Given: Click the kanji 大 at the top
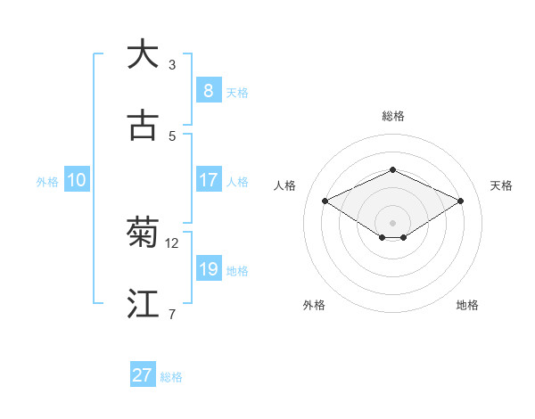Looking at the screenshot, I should [x=143, y=54].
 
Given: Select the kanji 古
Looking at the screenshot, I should [x=143, y=126].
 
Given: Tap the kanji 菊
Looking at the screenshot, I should [x=143, y=233].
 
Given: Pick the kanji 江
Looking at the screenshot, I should [x=143, y=304].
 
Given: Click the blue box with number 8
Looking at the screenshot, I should [x=208, y=91].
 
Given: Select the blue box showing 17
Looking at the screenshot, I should [x=208, y=180].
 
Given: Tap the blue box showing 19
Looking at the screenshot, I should [x=208, y=269].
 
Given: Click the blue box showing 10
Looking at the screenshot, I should [x=76, y=180].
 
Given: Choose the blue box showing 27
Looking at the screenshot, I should [x=143, y=375].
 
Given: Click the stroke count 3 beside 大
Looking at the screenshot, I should [x=172, y=64].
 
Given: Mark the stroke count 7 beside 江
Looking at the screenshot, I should [x=172, y=314].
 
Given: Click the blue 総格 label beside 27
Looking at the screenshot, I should [x=171, y=377].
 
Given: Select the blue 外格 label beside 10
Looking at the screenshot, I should [x=47, y=182].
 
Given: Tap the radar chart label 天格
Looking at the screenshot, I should [x=501, y=185].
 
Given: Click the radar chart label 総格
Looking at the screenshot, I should [x=392, y=116].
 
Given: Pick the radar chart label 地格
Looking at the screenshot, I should [x=467, y=305].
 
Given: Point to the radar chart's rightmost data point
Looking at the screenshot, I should [x=460, y=201].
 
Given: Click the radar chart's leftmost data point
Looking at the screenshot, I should [x=325, y=201].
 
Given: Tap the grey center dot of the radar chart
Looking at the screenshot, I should [x=392, y=222].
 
